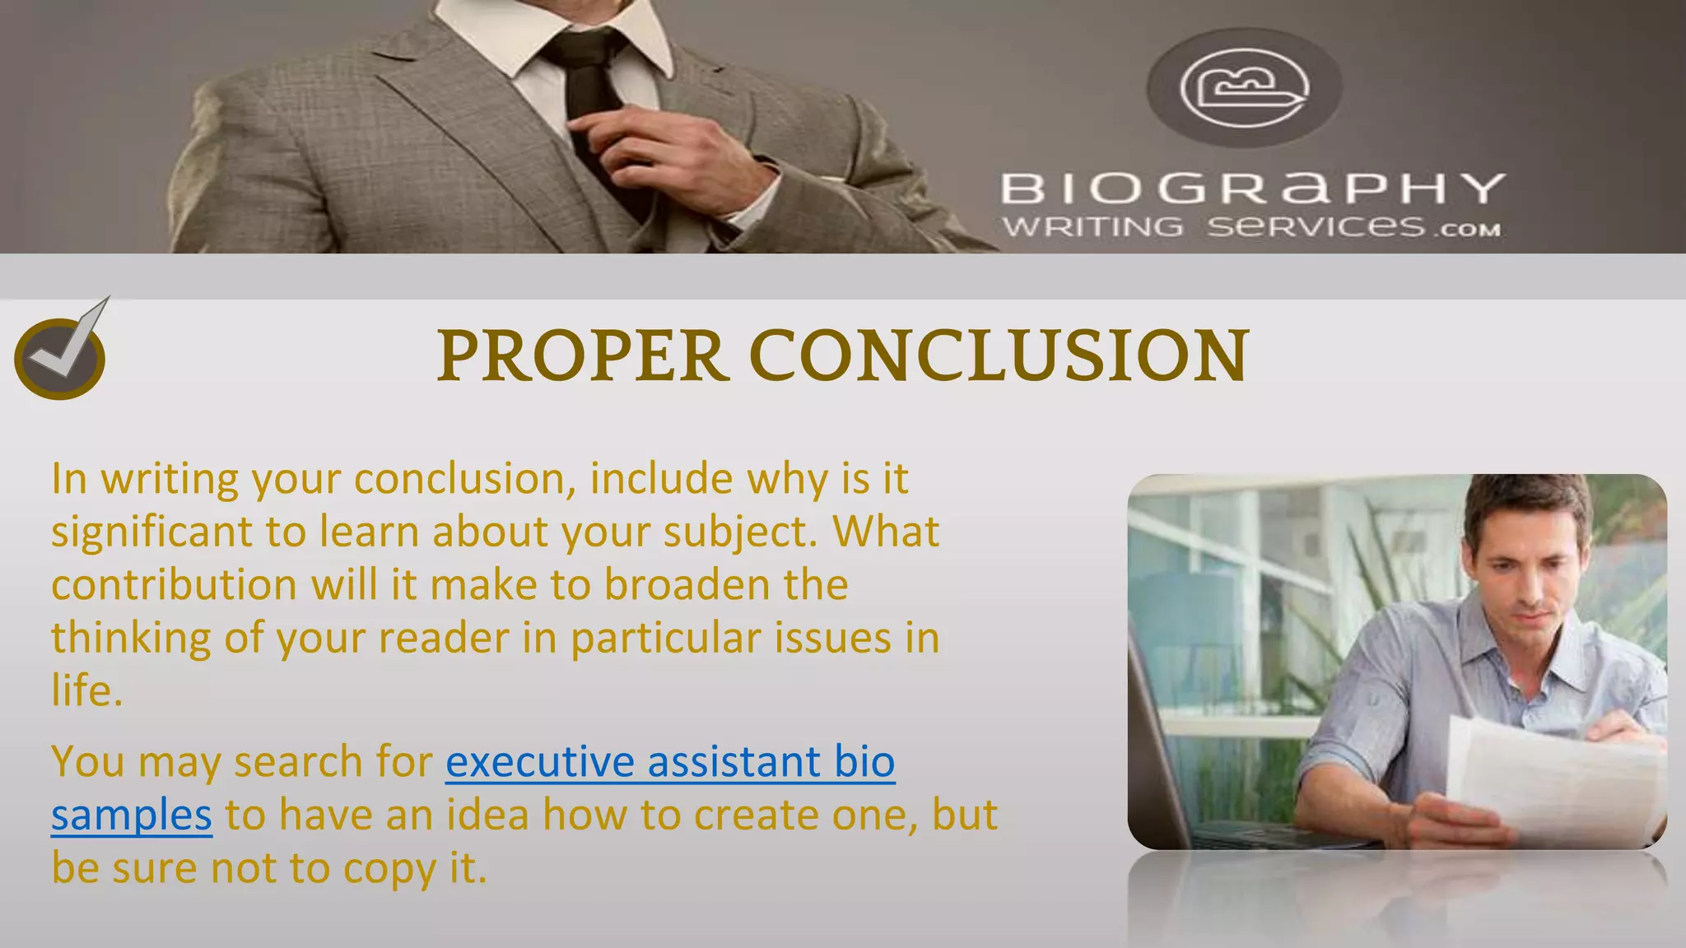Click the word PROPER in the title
coord(581,355)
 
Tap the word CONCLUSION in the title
coord(999,355)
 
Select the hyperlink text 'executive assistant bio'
coord(670,761)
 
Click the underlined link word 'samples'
coord(132,815)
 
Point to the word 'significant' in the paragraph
coord(152,532)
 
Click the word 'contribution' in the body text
coord(174,585)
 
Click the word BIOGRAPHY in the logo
coord(1252,188)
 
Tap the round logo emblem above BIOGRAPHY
coord(1244,88)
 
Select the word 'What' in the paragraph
coord(886,532)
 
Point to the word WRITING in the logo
coord(1092,226)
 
